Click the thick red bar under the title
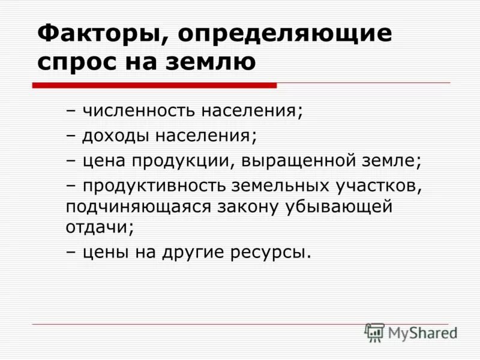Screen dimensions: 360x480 tap(154, 85)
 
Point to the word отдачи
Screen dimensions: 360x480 tap(97, 227)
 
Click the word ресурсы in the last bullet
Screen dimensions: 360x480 tap(271, 253)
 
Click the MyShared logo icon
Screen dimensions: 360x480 tap(374, 332)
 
